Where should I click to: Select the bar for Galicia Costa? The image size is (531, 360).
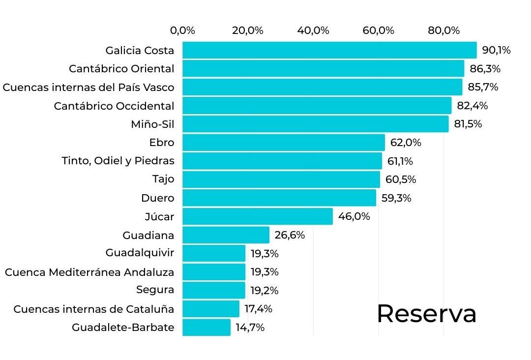329,50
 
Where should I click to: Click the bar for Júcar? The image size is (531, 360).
257,216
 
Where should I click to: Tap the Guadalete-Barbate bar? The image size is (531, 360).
206,328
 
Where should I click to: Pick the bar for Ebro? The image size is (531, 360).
283,143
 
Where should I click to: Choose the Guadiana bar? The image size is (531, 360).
226,235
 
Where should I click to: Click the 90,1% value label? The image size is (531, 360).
496,50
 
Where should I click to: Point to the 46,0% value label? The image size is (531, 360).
354,216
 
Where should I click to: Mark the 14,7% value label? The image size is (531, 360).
250,328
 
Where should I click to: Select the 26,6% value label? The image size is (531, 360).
290,235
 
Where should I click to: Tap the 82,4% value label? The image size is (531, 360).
471,106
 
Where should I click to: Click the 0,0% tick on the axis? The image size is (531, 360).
182,30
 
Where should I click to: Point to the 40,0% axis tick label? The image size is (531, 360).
313,30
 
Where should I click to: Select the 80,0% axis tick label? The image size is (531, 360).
444,30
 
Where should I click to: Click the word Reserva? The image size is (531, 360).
426,313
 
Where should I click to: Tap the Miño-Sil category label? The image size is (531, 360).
152,124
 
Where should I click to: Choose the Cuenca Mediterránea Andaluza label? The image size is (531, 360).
89,272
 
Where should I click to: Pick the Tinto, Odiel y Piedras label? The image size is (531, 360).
118,161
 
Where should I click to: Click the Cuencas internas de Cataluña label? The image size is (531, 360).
94,309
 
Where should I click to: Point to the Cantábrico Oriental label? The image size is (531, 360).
121,68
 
